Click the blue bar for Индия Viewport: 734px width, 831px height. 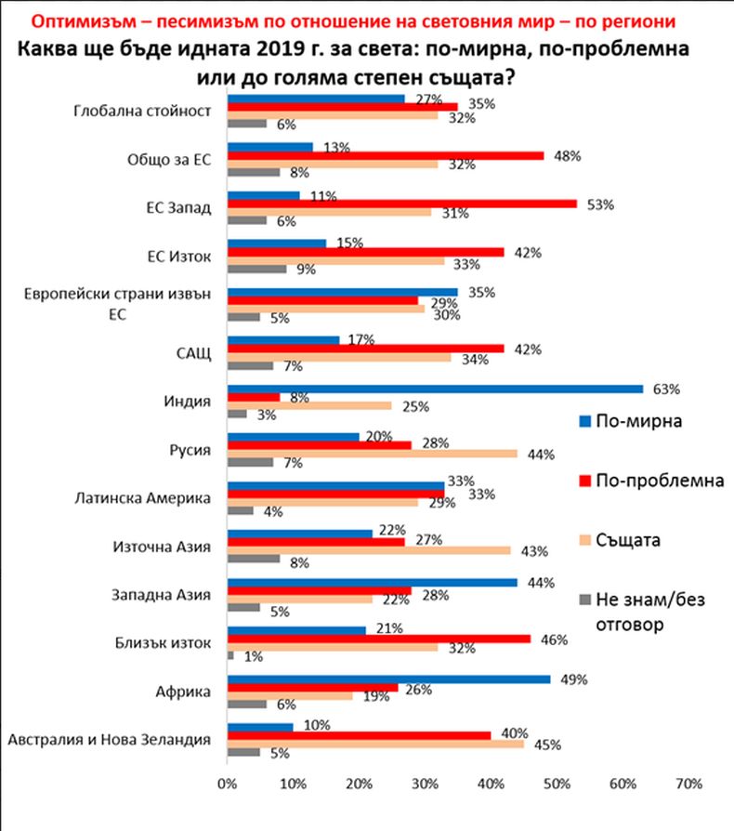(x=436, y=389)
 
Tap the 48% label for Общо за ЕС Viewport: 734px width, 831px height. (x=568, y=155)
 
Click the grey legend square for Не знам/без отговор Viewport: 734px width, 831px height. (x=585, y=600)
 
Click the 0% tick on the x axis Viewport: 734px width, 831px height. (x=227, y=785)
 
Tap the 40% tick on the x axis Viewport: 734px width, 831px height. (x=492, y=785)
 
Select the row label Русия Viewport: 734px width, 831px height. (x=192, y=450)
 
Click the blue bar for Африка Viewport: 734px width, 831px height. (x=389, y=679)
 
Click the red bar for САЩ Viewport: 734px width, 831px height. (x=366, y=349)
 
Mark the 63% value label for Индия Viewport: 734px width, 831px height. (x=668, y=388)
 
